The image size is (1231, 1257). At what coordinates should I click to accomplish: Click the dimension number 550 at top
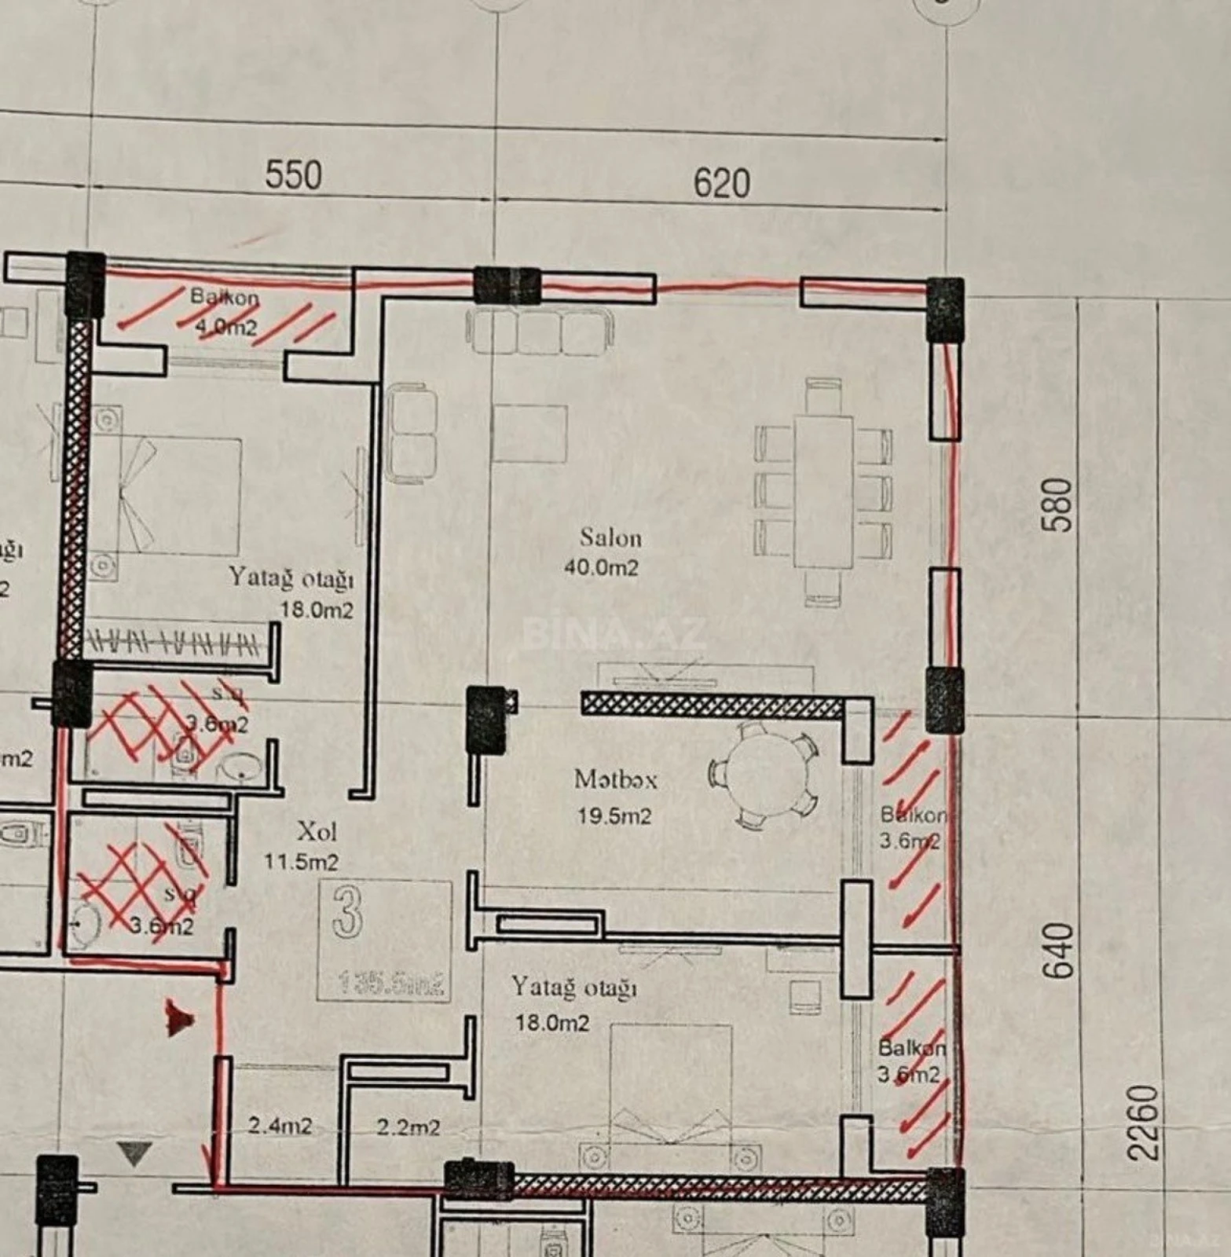click(x=293, y=174)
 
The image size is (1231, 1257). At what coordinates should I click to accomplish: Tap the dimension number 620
click(x=721, y=182)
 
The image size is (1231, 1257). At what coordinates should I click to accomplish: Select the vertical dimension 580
click(x=1058, y=505)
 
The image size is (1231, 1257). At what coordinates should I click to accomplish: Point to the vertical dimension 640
click(x=1058, y=951)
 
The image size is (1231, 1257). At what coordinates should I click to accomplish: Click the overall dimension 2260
click(x=1142, y=1123)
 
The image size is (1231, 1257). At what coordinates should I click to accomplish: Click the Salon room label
click(x=610, y=538)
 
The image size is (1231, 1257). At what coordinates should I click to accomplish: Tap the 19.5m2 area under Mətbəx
click(x=614, y=816)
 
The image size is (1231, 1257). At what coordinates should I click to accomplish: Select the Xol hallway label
click(x=317, y=831)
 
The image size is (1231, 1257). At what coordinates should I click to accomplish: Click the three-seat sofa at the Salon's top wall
click(x=539, y=331)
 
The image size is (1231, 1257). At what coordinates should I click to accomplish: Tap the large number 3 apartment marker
click(x=347, y=913)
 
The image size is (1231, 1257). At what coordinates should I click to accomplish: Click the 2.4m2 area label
click(x=280, y=1126)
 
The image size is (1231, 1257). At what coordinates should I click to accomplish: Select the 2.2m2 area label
click(x=408, y=1127)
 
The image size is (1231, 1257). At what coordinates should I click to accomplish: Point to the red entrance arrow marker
click(x=178, y=1019)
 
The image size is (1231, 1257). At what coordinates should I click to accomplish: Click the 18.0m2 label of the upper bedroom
click(x=317, y=610)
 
